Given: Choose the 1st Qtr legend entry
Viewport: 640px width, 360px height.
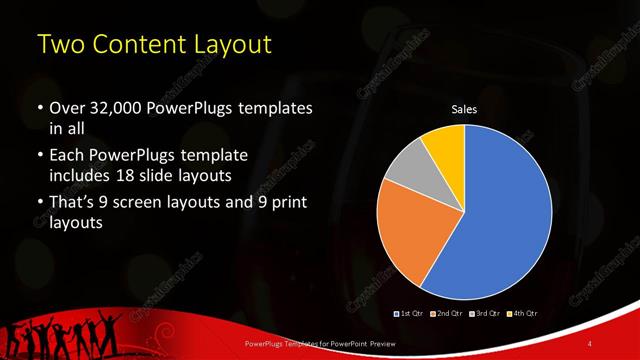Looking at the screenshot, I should point(412,315).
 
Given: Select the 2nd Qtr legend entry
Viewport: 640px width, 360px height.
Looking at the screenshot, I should point(447,315).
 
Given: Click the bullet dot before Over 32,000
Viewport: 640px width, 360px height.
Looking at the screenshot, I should point(39,108).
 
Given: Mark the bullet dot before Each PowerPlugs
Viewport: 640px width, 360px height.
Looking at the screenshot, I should point(39,156).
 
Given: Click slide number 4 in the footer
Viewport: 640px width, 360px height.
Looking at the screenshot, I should point(589,344).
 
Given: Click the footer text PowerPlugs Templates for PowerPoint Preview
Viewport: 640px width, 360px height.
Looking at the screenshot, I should point(300,344).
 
